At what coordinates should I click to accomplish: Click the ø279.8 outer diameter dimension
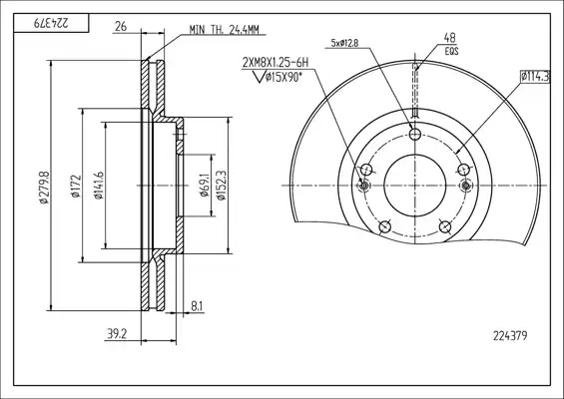click(x=44, y=188)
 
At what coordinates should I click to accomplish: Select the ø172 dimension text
click(x=76, y=187)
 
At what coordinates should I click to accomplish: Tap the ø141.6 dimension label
click(x=99, y=186)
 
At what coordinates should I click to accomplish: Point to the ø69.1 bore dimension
click(x=205, y=186)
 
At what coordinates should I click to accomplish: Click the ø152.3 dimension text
click(x=221, y=186)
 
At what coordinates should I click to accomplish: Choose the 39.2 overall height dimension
click(x=117, y=334)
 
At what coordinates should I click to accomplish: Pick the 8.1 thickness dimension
click(x=197, y=306)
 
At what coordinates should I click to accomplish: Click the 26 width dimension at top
click(x=121, y=26)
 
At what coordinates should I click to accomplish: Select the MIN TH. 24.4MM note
click(x=224, y=30)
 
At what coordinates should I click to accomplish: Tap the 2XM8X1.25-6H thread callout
click(x=276, y=63)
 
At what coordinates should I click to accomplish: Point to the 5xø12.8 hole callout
click(x=344, y=43)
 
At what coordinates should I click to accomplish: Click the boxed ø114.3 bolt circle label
click(x=535, y=77)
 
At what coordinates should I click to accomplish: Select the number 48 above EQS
click(x=449, y=37)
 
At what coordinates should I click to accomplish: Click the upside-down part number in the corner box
click(x=51, y=23)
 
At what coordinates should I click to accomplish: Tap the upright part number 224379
click(x=510, y=336)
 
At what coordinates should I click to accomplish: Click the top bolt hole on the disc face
click(x=415, y=135)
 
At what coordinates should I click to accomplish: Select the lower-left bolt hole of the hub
click(x=384, y=226)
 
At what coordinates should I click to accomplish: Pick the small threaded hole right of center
click(x=466, y=186)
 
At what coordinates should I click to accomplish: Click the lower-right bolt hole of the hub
click(x=445, y=226)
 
